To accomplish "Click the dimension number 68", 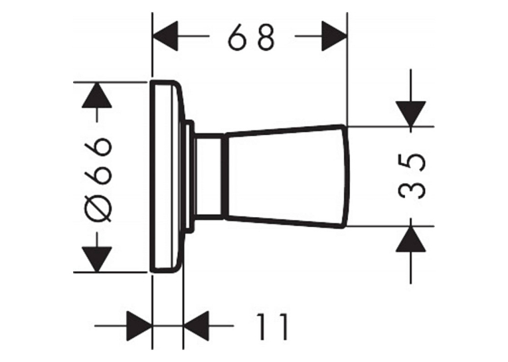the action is [x=252, y=37].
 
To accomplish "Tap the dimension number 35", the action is [x=411, y=176].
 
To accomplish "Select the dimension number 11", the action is [x=272, y=326].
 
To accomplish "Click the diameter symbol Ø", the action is [x=98, y=208].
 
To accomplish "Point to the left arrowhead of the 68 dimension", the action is [x=165, y=36].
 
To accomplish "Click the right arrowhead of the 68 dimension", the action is [x=334, y=36].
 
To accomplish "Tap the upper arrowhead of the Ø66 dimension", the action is [x=97, y=95].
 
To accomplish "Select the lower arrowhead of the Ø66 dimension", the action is [x=97, y=259].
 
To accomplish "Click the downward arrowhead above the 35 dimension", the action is [x=410, y=114].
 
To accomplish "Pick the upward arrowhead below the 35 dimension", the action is [x=410, y=239].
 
